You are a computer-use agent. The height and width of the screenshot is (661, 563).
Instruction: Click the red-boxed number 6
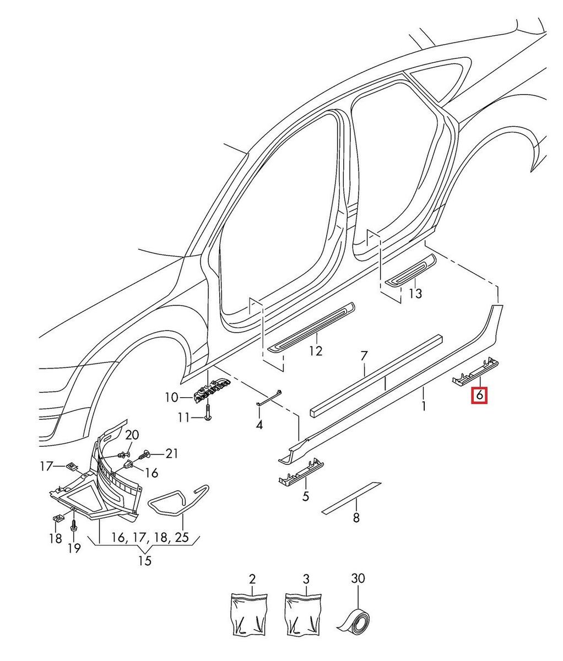click(479, 395)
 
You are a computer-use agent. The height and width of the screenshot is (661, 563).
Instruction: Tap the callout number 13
click(415, 294)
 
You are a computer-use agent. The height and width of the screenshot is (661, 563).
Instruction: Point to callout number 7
click(364, 356)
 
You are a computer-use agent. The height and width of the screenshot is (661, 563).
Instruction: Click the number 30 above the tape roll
click(358, 579)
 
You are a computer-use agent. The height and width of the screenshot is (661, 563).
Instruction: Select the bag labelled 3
click(303, 615)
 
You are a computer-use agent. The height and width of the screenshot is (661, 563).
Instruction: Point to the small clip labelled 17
click(71, 466)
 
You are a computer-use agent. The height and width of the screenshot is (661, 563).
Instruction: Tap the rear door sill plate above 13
click(410, 270)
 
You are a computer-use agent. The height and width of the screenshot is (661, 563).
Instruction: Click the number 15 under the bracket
click(144, 561)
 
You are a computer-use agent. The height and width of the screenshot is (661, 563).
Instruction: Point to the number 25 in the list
click(181, 538)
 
